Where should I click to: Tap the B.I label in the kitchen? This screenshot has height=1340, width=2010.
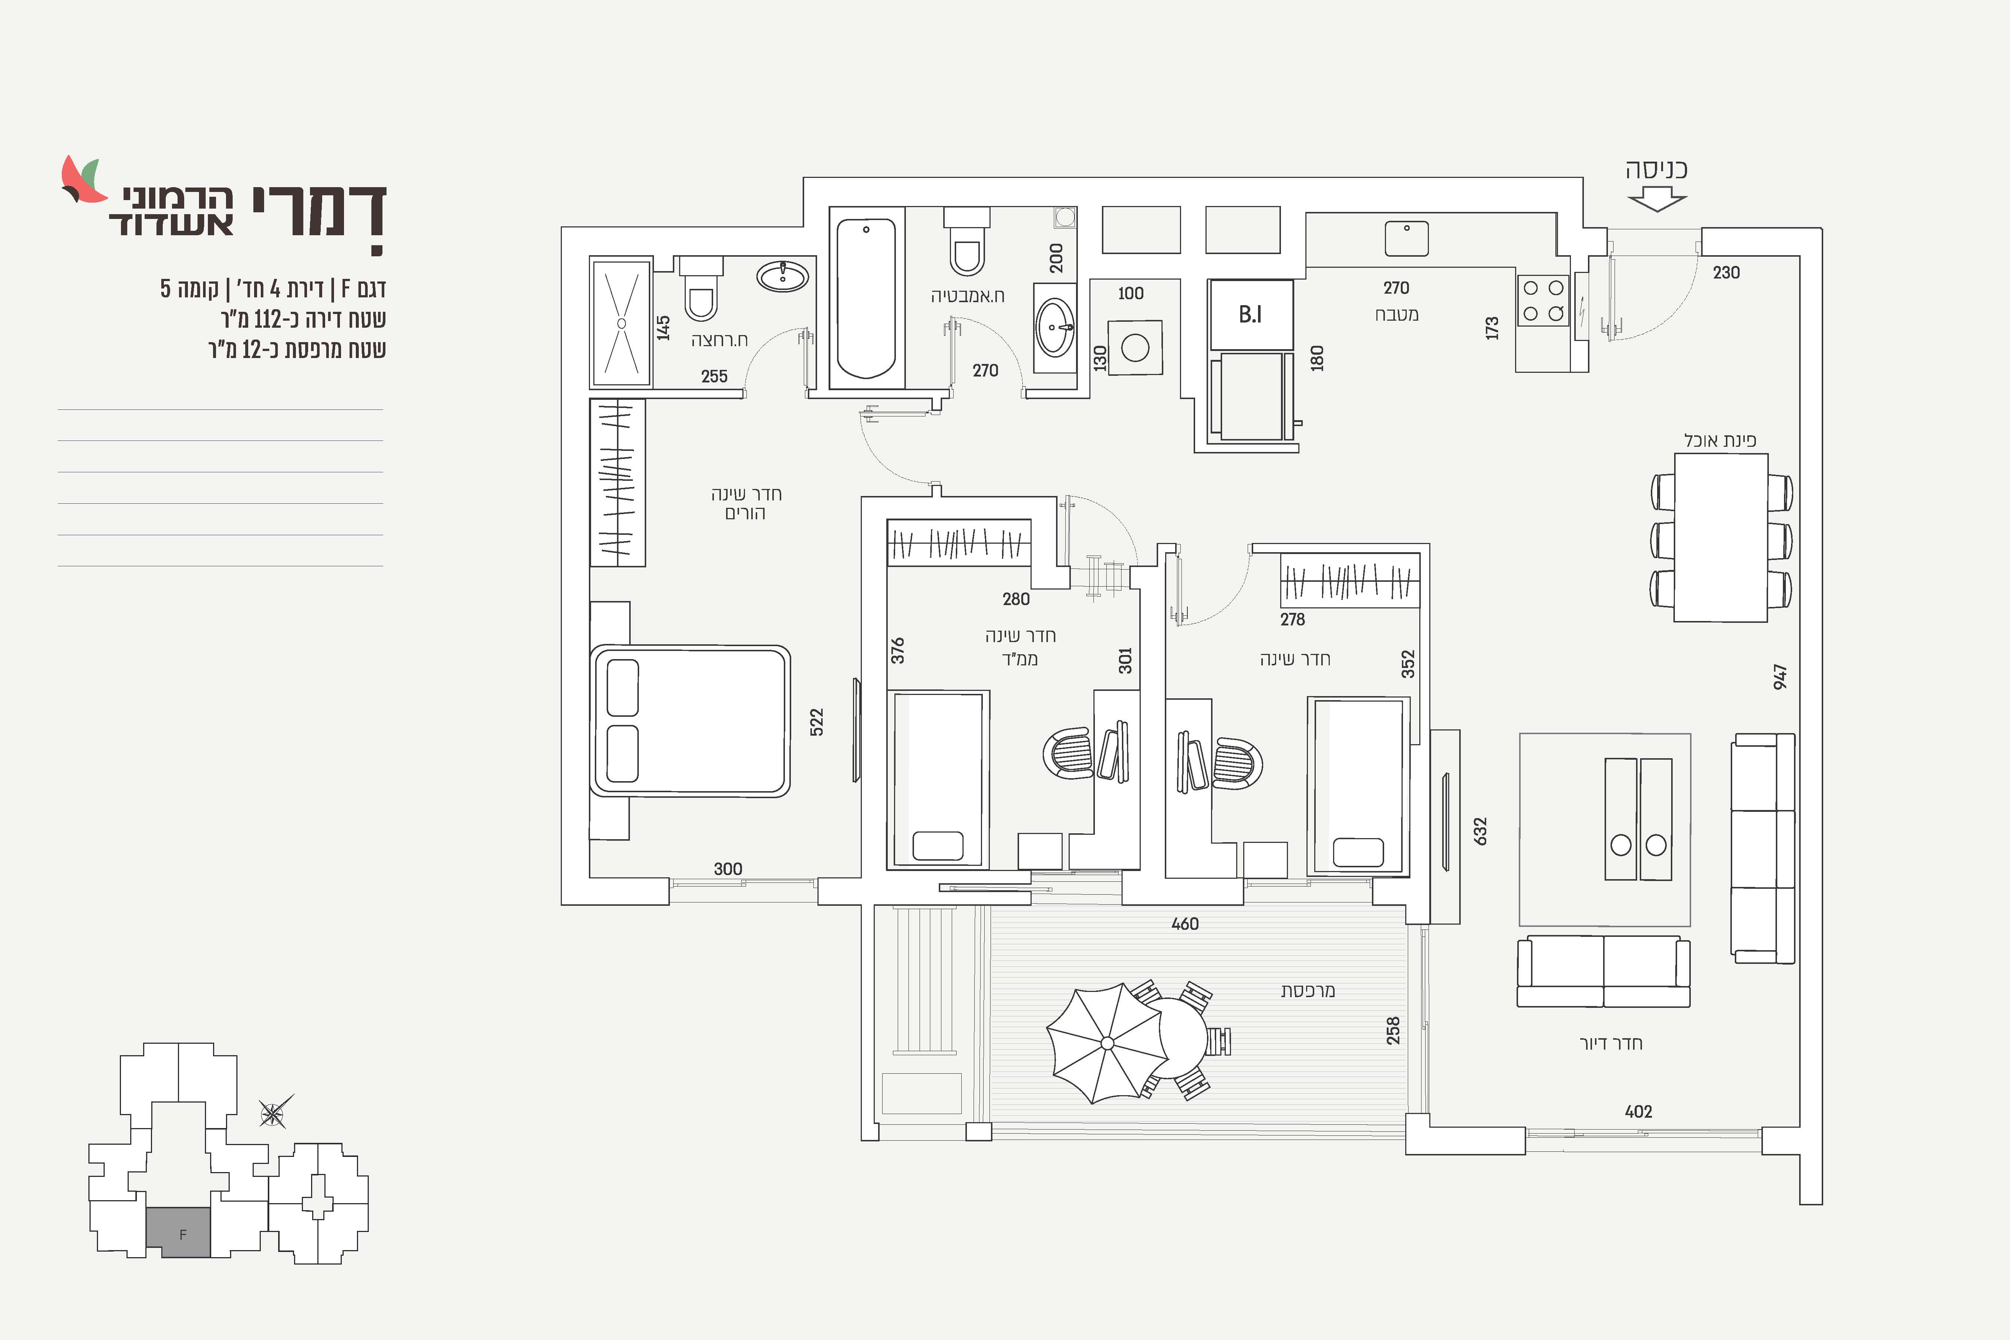1250,314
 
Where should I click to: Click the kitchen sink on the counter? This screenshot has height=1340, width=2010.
1406,239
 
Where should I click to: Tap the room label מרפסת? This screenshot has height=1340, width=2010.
1308,990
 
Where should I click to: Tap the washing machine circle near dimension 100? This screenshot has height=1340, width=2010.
1135,348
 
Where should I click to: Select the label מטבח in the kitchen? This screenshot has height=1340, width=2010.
1396,314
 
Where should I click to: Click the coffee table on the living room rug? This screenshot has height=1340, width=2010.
1638,819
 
